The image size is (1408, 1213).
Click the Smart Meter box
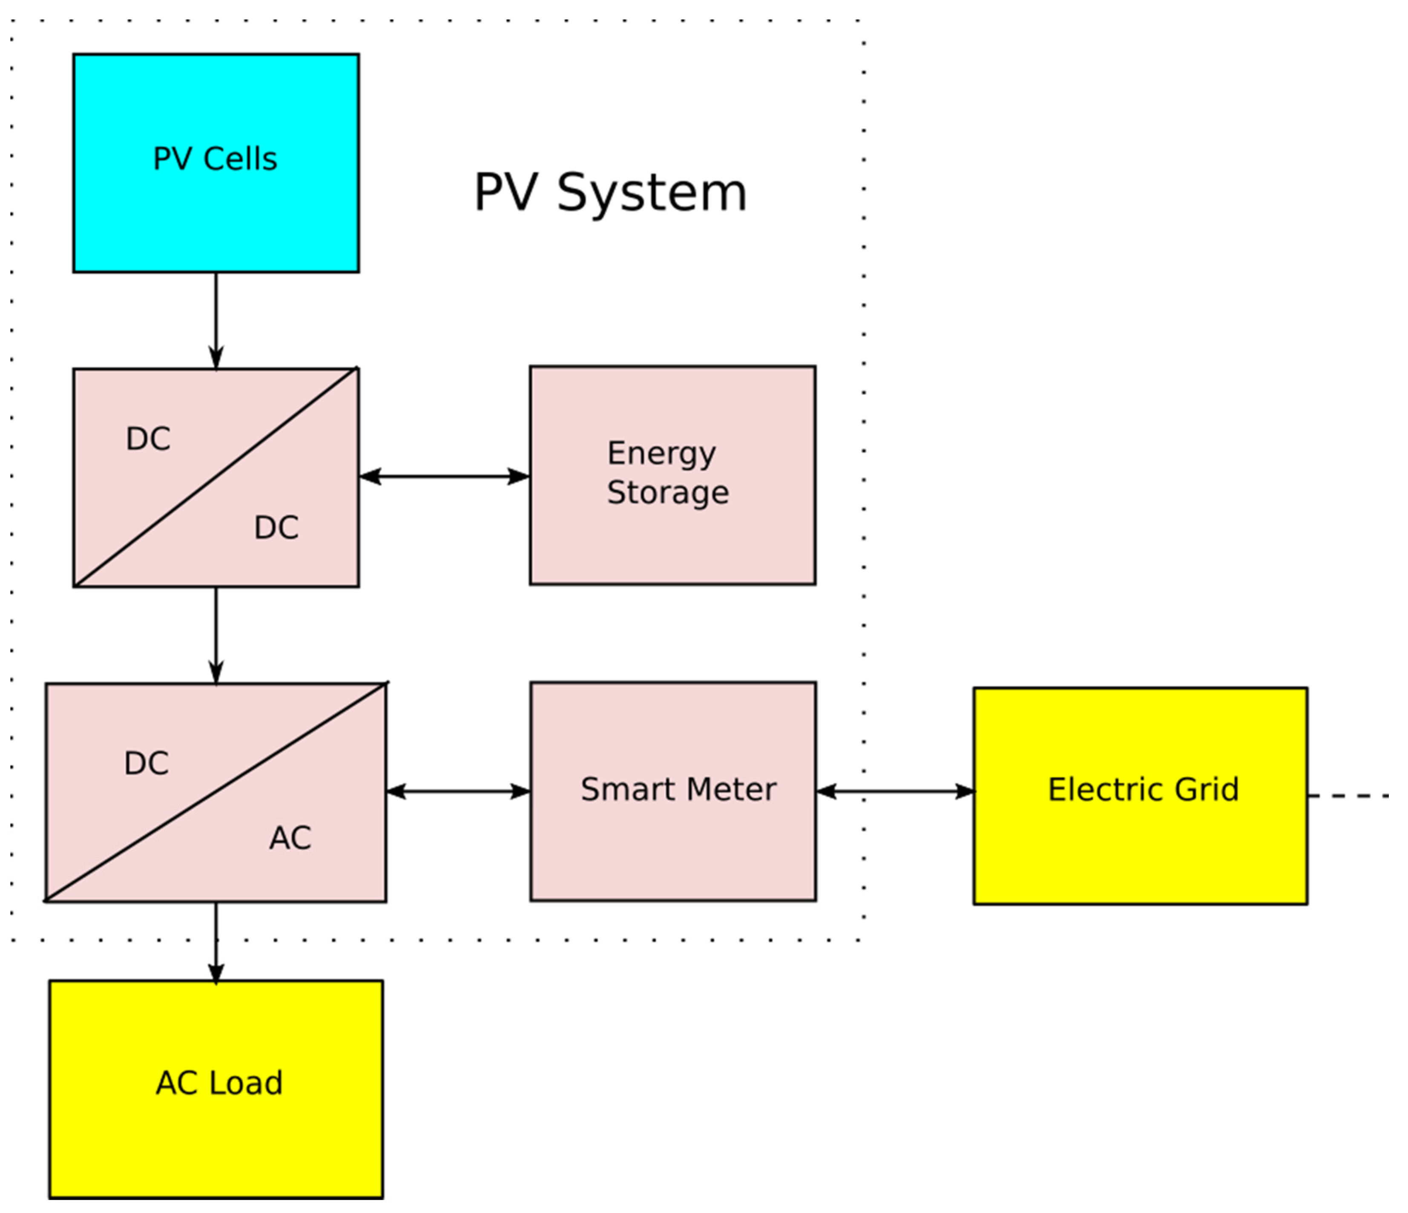[x=673, y=849]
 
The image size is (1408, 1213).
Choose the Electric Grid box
[x=1140, y=849]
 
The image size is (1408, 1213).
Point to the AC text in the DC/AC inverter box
[x=290, y=838]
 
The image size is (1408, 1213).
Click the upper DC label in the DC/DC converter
[x=148, y=439]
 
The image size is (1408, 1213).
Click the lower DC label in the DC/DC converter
[x=276, y=527]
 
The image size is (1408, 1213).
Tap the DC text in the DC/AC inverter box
[x=146, y=763]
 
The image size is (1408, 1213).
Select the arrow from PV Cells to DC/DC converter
[x=216, y=319]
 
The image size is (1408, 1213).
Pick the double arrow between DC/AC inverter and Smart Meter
[x=458, y=791]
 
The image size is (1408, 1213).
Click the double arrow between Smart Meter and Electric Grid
[x=895, y=791]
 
